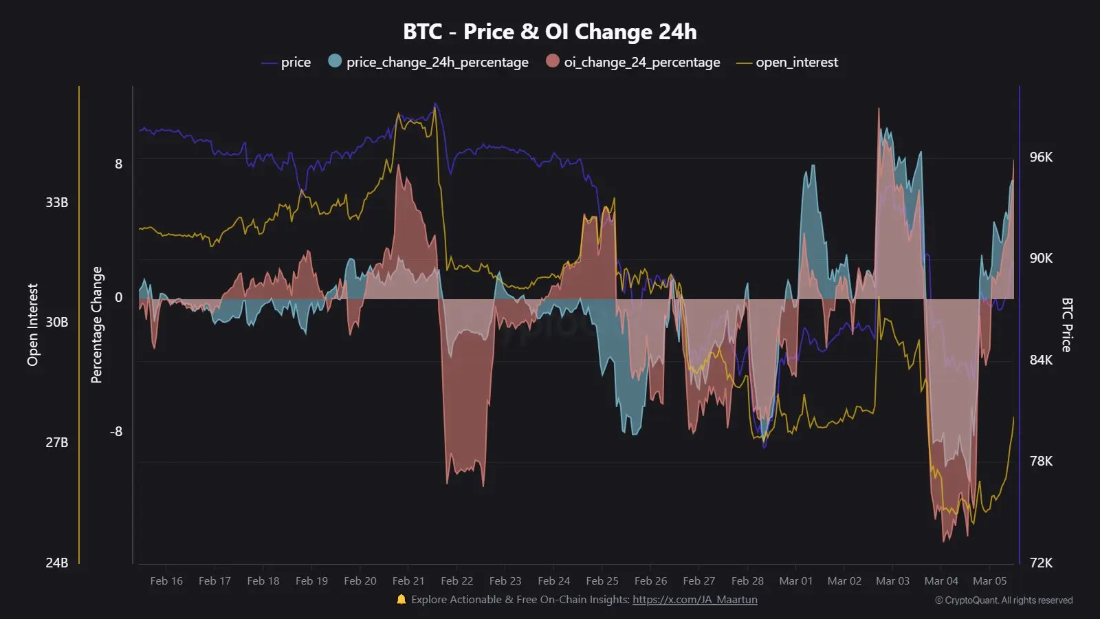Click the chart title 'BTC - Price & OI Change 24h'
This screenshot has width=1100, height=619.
point(549,32)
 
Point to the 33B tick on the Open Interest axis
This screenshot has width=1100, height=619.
point(56,202)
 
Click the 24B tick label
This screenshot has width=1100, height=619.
point(56,563)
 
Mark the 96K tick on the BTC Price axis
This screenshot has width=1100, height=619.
point(1041,157)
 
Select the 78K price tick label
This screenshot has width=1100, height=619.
point(1041,461)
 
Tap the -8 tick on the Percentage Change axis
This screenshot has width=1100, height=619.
point(116,431)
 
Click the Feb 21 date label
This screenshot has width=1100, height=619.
point(408,581)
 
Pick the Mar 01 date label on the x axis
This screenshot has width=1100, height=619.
point(795,581)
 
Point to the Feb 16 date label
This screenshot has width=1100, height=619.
point(166,581)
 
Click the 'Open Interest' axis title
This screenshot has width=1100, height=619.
point(32,325)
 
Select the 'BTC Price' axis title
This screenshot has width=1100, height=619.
point(1066,325)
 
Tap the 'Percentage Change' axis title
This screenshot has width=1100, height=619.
point(96,325)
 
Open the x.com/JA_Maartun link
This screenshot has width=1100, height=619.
point(694,600)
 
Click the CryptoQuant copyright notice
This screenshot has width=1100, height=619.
point(1003,600)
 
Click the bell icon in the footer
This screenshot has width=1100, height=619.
point(401,600)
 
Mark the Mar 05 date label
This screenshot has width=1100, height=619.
point(989,581)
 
